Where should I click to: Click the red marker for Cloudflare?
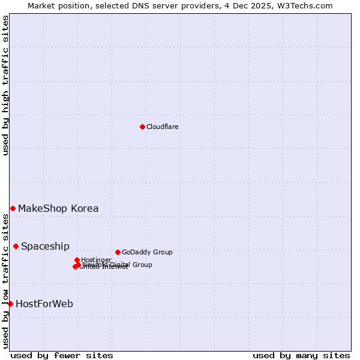142,127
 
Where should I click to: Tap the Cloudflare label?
163,127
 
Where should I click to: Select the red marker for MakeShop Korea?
13,208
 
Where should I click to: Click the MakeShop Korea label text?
58,209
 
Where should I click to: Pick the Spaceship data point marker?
16,246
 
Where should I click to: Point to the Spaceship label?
45,247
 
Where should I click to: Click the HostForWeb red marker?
10,304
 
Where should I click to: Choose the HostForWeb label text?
44,304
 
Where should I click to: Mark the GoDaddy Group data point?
118,252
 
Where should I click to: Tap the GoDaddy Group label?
147,253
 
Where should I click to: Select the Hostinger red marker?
77,260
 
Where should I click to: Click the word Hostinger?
96,260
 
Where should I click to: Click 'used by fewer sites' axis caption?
62,355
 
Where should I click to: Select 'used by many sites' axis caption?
301,355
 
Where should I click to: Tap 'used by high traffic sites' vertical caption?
5,85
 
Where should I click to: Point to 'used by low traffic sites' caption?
5,280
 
